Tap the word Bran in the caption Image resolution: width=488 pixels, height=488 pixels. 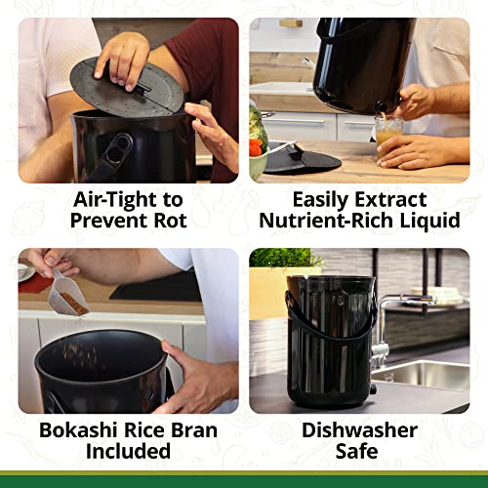coord(185,430)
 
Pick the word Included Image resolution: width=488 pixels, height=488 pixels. coord(128,452)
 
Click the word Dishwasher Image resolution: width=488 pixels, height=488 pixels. coord(359,430)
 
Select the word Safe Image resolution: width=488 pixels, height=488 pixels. coord(359,452)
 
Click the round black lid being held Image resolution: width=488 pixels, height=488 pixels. coord(127,85)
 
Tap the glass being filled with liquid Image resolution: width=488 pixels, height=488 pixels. coord(389,132)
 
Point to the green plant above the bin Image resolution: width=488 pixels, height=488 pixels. coord(286,260)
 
